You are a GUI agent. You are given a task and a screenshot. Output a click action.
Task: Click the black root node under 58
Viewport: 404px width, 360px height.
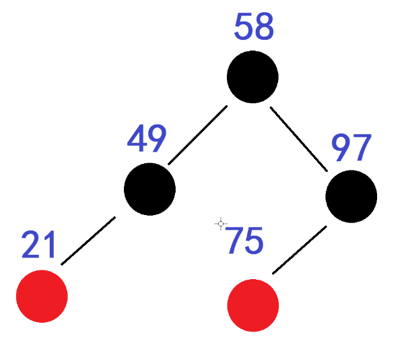pyautogui.click(x=252, y=77)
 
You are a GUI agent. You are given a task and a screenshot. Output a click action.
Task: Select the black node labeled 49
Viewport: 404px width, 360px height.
pyautogui.click(x=149, y=189)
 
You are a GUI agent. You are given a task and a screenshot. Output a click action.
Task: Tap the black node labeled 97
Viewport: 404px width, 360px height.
pyautogui.click(x=351, y=196)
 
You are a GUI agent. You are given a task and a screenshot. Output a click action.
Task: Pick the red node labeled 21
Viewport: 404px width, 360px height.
pyautogui.click(x=42, y=296)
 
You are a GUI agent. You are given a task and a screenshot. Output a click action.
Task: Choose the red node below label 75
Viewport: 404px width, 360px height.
pyautogui.click(x=253, y=305)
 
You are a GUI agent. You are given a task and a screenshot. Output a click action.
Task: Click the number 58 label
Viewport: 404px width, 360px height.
pyautogui.click(x=254, y=28)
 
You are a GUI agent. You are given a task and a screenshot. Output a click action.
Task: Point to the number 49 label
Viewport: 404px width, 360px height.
pyautogui.click(x=146, y=140)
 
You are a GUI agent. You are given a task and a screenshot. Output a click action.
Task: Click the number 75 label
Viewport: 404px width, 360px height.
pyautogui.click(x=244, y=241)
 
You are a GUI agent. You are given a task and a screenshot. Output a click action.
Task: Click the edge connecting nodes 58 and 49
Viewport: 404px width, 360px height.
pyautogui.click(x=197, y=135)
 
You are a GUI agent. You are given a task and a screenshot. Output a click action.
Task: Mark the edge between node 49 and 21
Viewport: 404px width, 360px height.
pyautogui.click(x=88, y=241)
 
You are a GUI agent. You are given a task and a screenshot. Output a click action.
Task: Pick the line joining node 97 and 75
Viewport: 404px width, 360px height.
pyautogui.click(x=300, y=250)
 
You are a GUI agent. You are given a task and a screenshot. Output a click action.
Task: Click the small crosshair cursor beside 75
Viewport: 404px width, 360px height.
pyautogui.click(x=220, y=224)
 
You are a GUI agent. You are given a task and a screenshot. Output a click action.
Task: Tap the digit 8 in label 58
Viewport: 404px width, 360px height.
pyautogui.click(x=264, y=28)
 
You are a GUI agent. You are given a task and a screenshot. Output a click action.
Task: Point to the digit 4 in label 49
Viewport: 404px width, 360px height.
pyautogui.click(x=137, y=140)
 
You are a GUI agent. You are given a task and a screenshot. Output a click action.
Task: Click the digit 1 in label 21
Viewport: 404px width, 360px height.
pyautogui.click(x=48, y=245)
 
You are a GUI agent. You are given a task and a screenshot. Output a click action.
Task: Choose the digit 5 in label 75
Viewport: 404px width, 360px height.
pyautogui.click(x=254, y=241)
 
